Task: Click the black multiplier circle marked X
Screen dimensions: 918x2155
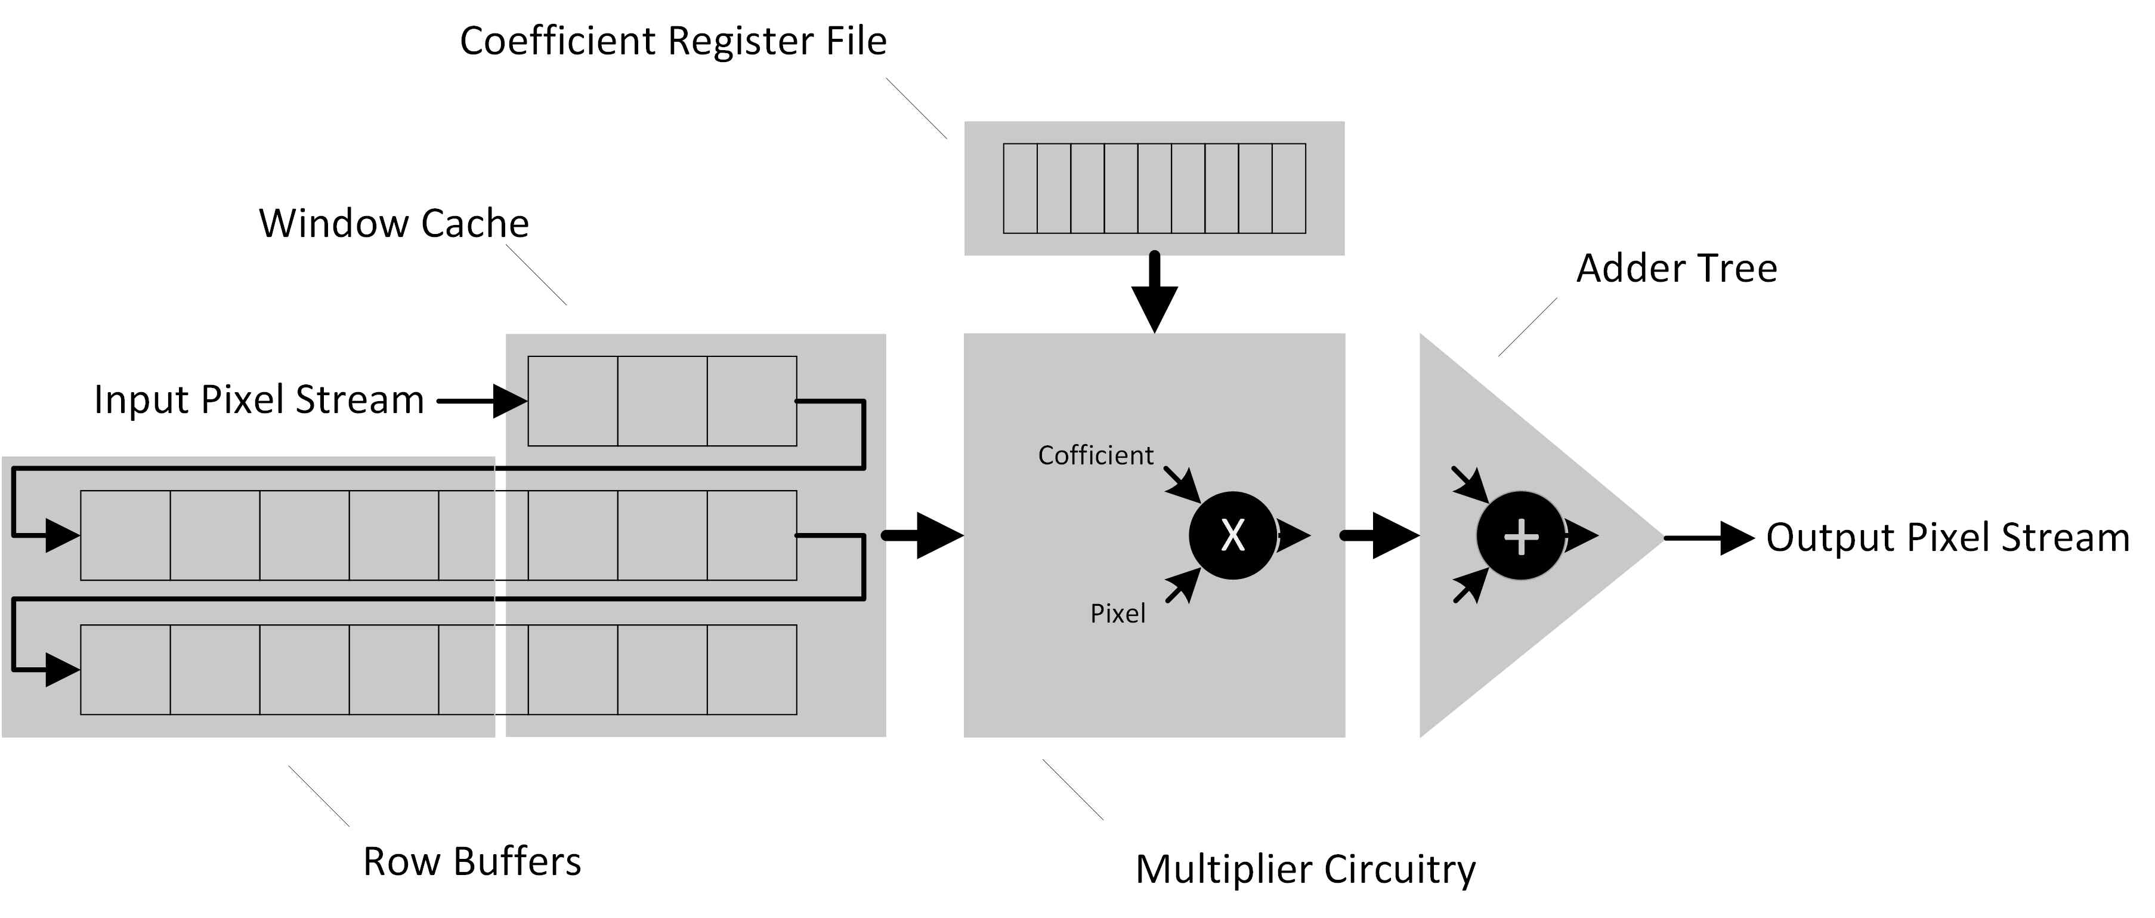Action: pyautogui.click(x=1232, y=535)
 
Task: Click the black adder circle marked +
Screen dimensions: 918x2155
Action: pyautogui.click(x=1520, y=535)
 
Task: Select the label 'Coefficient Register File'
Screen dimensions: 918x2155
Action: pyautogui.click(x=673, y=41)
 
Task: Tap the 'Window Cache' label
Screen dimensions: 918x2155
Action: pyautogui.click(x=394, y=223)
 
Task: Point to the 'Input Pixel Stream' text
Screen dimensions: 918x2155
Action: pyautogui.click(x=258, y=399)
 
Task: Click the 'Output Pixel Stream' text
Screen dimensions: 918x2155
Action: pyautogui.click(x=1947, y=537)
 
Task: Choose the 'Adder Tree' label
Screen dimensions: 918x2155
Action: pyautogui.click(x=1677, y=269)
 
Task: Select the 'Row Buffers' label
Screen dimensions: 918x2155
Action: pyautogui.click(x=472, y=861)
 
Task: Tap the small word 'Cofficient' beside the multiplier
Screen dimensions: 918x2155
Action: pyautogui.click(x=1095, y=455)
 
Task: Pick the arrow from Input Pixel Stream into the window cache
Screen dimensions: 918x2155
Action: pyautogui.click(x=485, y=401)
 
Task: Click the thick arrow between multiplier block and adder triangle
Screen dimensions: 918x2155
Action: pyautogui.click(x=1380, y=535)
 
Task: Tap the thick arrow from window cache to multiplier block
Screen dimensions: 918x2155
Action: pyautogui.click(x=923, y=535)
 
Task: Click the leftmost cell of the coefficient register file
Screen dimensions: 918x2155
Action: pyautogui.click(x=1020, y=188)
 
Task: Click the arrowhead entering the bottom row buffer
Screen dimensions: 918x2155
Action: pyautogui.click(x=60, y=670)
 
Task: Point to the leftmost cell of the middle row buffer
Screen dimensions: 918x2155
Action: pyautogui.click(x=125, y=535)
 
